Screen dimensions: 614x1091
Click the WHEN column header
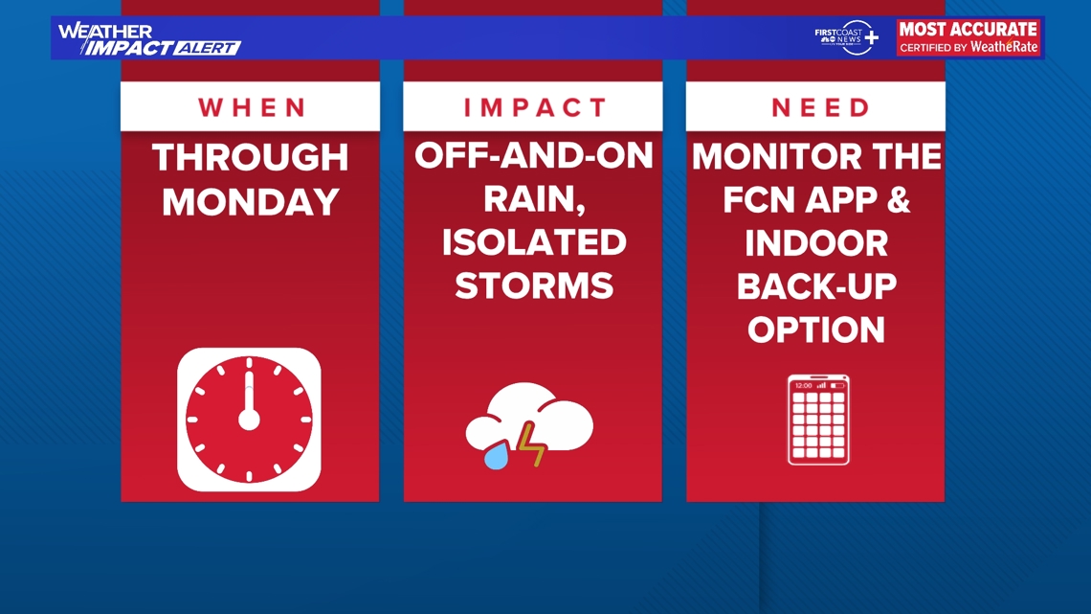[x=250, y=107]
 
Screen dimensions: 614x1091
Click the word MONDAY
[x=251, y=202]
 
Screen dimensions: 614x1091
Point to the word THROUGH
[x=251, y=158]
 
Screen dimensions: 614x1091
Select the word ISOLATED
[x=533, y=243]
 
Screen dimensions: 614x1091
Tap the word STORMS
[x=533, y=285]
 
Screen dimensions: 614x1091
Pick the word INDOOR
[x=815, y=243]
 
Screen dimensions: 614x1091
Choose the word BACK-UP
[x=815, y=286]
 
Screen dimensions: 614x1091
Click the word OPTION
[x=815, y=330]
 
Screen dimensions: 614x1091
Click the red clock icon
[x=249, y=420]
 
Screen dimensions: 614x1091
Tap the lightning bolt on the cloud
[x=530, y=444]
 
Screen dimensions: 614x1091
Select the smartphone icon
[x=818, y=420]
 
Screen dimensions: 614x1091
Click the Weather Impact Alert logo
[x=148, y=38]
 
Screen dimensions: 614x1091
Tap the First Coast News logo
[x=846, y=37]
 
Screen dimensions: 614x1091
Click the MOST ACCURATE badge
[x=968, y=37]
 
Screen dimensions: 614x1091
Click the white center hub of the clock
[x=249, y=420]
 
